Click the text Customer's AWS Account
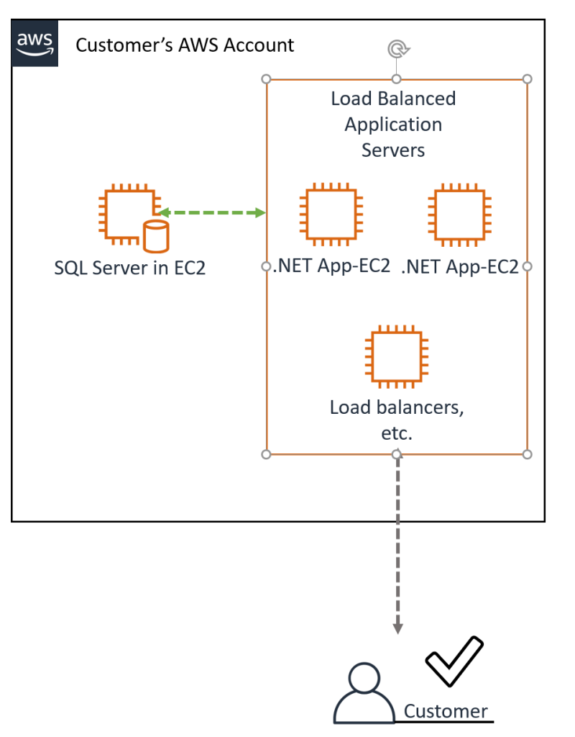(185, 45)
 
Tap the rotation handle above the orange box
(396, 50)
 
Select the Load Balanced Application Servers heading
(393, 124)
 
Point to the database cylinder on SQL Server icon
(156, 235)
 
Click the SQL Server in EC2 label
(129, 268)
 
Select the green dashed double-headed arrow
(212, 212)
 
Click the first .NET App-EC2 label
(332, 266)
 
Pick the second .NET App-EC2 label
(460, 266)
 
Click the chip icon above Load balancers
(395, 357)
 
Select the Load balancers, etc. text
(396, 420)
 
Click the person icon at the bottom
(364, 694)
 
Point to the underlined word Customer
(446, 711)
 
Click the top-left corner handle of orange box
(267, 78)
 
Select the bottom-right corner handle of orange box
(527, 454)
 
